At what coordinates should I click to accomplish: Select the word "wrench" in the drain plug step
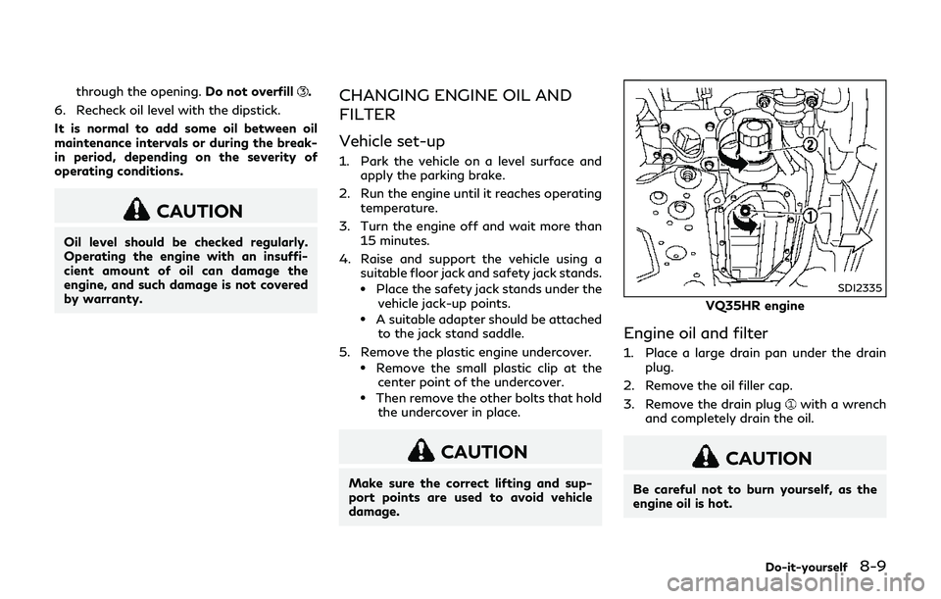(x=863, y=404)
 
